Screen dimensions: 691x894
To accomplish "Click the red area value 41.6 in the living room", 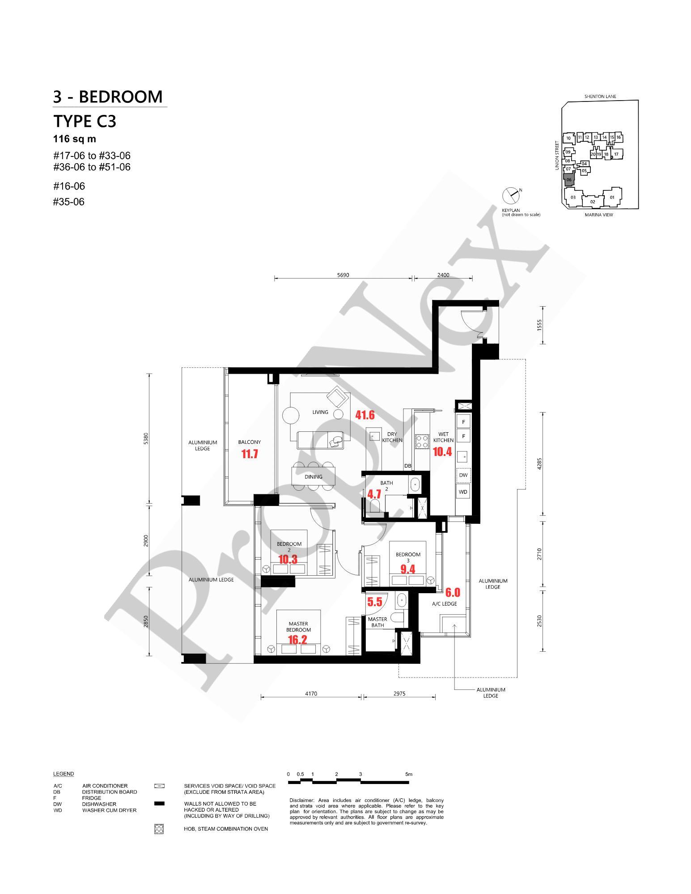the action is point(365,415).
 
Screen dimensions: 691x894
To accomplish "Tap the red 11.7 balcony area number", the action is point(250,455).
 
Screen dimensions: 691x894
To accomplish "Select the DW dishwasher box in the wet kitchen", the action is point(463,475).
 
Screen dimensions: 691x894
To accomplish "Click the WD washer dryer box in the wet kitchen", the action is point(463,492).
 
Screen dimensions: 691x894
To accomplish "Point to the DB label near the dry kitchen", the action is point(407,466).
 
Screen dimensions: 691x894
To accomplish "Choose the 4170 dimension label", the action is point(311,694).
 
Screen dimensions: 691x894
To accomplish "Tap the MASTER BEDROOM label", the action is point(298,627).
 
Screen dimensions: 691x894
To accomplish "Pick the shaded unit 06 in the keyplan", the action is point(568,180).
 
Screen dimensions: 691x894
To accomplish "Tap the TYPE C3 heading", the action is point(85,121).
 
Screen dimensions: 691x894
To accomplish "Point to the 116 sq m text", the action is point(75,139).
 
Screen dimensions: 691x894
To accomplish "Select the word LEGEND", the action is point(64,774).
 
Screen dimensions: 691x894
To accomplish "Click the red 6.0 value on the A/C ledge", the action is point(453,593).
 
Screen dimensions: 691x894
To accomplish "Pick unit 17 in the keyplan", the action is point(616,154).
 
